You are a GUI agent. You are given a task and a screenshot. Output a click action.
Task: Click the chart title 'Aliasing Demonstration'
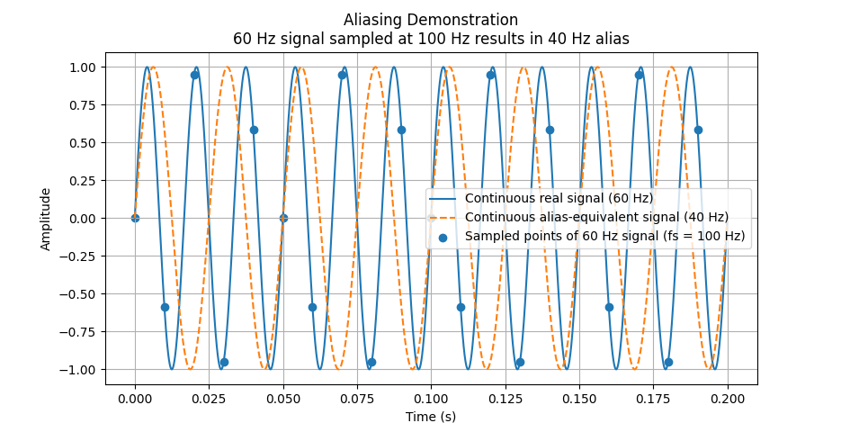(431, 20)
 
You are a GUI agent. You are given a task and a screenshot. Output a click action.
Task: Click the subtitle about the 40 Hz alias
(431, 39)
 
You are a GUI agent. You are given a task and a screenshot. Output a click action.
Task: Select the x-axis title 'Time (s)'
(431, 417)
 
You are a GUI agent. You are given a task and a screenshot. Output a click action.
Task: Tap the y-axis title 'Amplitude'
(46, 219)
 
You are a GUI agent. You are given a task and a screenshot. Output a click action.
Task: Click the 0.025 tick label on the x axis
(209, 397)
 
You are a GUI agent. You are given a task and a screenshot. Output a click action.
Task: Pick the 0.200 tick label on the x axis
(727, 397)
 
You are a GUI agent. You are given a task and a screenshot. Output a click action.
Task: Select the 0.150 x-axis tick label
(579, 397)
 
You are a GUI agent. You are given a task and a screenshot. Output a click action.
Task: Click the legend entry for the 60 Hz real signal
(559, 199)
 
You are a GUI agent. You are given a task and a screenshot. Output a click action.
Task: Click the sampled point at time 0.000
(135, 218)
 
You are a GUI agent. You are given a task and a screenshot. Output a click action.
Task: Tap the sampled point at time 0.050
(283, 218)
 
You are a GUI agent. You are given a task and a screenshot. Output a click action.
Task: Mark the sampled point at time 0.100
(431, 218)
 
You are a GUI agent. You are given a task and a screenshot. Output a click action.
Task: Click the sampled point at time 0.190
(698, 130)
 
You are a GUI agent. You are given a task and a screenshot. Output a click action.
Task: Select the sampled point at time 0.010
(165, 307)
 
